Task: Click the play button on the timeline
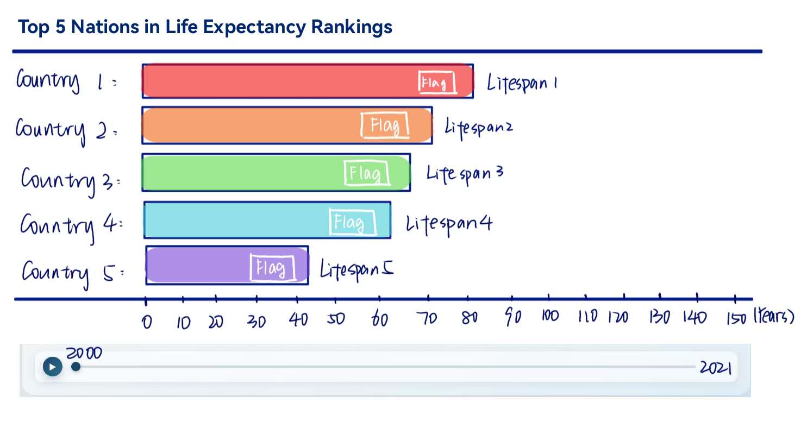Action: point(52,367)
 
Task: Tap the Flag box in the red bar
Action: point(437,83)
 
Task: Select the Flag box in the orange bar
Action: point(385,126)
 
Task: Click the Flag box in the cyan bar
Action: point(352,222)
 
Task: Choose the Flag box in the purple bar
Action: point(272,268)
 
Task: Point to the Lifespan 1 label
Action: point(521,84)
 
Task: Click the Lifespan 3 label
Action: point(465,174)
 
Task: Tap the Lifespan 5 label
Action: point(356,269)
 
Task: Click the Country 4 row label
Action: point(71,224)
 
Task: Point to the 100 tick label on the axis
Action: point(549,317)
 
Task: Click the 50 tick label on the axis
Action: point(335,319)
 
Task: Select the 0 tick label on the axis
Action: point(147,322)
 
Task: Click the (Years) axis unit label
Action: point(773,317)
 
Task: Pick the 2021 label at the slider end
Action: point(715,368)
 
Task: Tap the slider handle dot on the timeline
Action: point(76,367)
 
